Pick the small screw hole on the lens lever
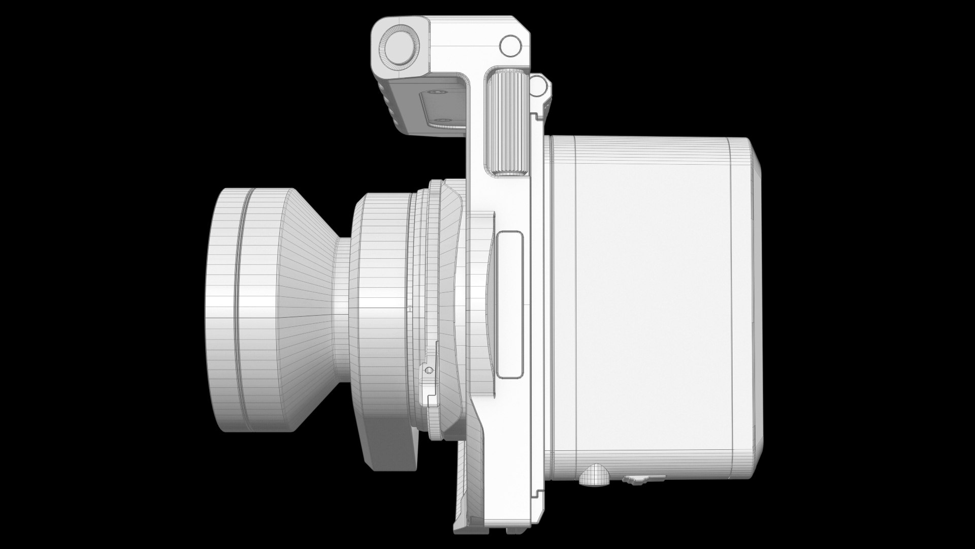429,370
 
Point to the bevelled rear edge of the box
757,285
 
